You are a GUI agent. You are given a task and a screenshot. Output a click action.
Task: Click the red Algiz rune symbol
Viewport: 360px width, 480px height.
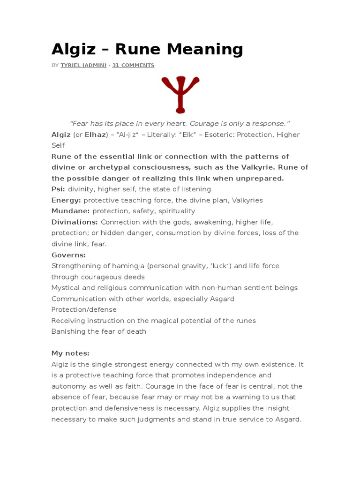[180, 94]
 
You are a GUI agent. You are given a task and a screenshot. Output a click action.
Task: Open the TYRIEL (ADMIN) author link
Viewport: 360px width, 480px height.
[83, 65]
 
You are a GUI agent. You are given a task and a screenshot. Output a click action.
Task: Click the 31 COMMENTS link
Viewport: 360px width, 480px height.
[133, 65]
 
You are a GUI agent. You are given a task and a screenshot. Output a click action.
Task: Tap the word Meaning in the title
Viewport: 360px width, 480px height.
[204, 49]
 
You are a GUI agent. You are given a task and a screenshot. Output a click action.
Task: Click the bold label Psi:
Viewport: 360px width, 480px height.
[58, 189]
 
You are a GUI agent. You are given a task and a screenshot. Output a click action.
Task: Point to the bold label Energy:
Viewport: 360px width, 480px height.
[66, 200]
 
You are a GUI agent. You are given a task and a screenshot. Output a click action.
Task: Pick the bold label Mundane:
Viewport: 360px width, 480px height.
[71, 211]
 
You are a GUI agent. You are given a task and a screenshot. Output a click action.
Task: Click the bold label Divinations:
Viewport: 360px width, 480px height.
[75, 222]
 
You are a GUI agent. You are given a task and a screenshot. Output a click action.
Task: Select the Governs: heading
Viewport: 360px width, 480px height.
[68, 255]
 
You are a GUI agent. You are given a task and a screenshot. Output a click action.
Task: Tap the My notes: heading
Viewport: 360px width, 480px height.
[70, 353]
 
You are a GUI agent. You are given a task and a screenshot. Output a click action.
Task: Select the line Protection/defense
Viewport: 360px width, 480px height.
[84, 309]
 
